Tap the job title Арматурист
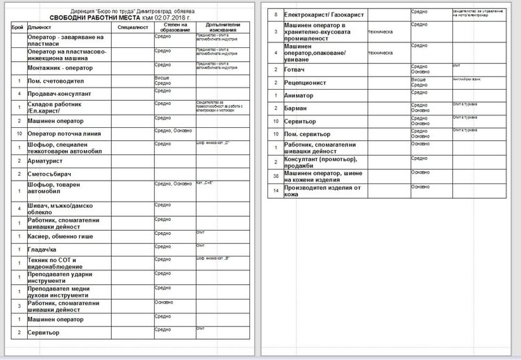(47, 160)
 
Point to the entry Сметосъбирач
(50, 173)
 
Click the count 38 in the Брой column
(276, 177)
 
